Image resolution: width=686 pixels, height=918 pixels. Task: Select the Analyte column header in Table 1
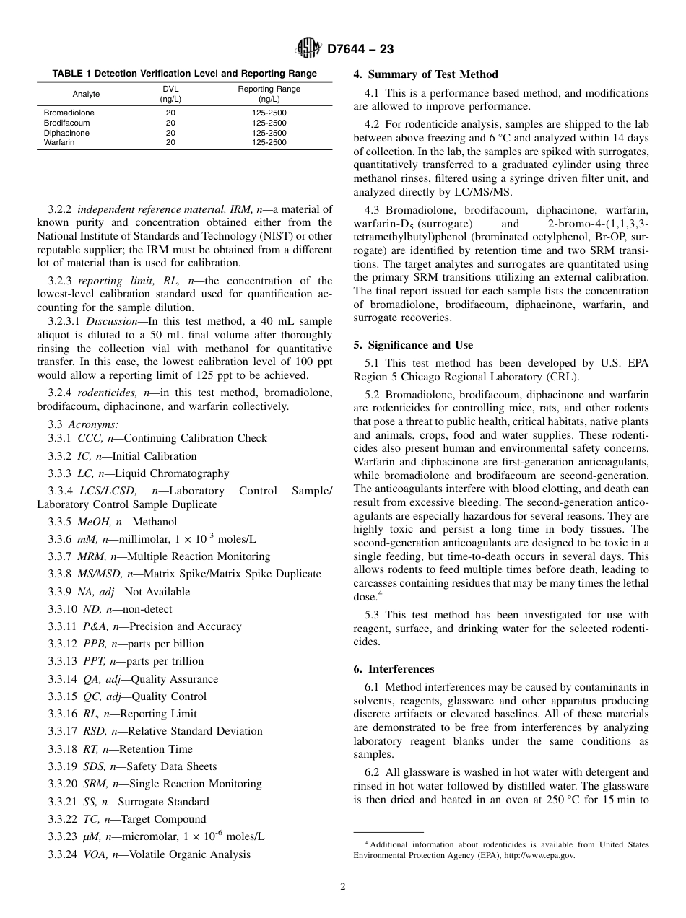[86, 94]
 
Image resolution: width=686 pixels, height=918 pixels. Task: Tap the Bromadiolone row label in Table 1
[69, 113]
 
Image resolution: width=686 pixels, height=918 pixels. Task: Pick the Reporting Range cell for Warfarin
[269, 143]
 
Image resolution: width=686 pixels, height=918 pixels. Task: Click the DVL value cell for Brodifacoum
[170, 123]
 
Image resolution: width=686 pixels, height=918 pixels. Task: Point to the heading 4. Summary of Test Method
[425, 74]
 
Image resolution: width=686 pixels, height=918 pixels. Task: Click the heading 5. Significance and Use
[413, 345]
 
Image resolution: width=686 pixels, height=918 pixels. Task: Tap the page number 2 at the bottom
[343, 887]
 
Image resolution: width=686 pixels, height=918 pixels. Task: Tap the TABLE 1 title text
[184, 73]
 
